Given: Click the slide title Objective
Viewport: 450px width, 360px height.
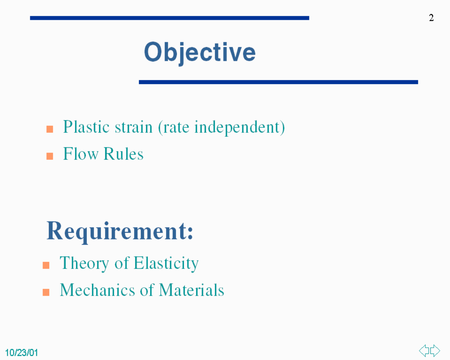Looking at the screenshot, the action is pyautogui.click(x=200, y=53).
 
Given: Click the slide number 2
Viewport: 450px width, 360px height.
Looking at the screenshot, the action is pyautogui.click(x=431, y=18).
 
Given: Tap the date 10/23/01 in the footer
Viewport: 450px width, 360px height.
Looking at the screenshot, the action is pyautogui.click(x=21, y=353).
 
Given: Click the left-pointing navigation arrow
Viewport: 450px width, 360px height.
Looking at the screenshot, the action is pyautogui.click(x=424, y=351).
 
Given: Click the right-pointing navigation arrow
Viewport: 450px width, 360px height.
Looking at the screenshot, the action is pyautogui.click(x=435, y=351).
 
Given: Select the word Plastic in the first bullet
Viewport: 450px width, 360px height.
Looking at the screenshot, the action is pyautogui.click(x=86, y=127).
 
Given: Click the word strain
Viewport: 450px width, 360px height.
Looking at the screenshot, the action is pyautogui.click(x=134, y=127).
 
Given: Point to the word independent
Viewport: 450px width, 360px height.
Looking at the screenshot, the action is pyautogui.click(x=237, y=128).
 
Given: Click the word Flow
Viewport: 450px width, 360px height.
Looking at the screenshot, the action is pyautogui.click(x=81, y=154).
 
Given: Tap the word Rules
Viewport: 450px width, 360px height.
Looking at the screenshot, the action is pyautogui.click(x=124, y=154).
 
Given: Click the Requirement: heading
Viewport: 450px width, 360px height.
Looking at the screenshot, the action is pyautogui.click(x=120, y=232).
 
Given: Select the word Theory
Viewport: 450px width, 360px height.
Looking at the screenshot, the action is pyautogui.click(x=84, y=264).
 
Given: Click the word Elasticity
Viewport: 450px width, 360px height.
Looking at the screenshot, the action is pyautogui.click(x=166, y=264).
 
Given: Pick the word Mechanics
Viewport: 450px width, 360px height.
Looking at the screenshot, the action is pyautogui.click(x=97, y=290).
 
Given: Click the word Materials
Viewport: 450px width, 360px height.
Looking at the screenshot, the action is pyautogui.click(x=191, y=290).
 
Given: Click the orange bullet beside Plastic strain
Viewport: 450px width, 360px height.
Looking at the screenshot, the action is pyautogui.click(x=50, y=129).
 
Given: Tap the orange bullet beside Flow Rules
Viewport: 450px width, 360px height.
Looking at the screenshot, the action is pyautogui.click(x=50, y=156).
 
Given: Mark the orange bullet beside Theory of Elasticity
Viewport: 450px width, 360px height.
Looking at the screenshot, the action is pyautogui.click(x=46, y=265).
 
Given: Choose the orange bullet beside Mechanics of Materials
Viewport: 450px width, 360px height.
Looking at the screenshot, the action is pyautogui.click(x=46, y=292).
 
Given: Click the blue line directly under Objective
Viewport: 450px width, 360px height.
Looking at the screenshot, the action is pyautogui.click(x=278, y=82).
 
